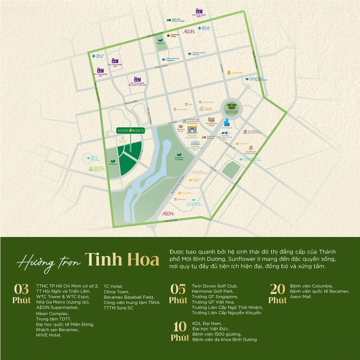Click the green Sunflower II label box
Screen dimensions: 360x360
(130, 131)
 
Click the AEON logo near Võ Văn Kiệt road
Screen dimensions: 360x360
(167, 213)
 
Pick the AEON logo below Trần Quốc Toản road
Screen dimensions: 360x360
(189, 32)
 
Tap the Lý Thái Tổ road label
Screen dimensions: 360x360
(230, 145)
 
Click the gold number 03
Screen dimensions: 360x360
(22, 289)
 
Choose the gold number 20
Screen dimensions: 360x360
(277, 289)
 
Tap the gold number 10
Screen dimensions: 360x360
(180, 327)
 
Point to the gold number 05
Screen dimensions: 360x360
(178, 289)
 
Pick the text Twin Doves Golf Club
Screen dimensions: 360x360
(214, 286)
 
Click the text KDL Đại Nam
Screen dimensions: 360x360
(207, 323)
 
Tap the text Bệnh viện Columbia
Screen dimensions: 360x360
(311, 286)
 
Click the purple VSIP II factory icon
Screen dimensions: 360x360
(199, 11)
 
